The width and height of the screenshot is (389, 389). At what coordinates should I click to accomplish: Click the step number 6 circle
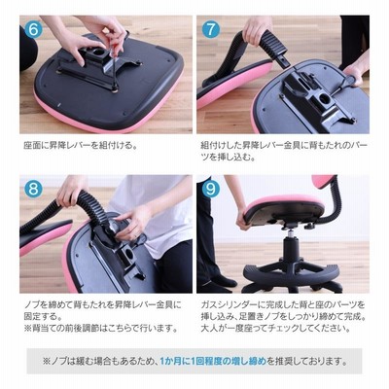(x=33, y=29)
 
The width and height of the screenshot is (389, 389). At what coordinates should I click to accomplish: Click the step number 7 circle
(x=211, y=29)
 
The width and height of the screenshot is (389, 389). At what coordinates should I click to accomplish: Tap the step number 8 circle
(x=33, y=189)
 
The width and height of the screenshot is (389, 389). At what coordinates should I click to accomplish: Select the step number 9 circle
(x=211, y=189)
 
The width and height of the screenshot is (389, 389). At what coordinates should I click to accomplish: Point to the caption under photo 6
(x=80, y=146)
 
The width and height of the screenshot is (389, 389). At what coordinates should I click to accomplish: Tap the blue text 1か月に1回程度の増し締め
(x=213, y=361)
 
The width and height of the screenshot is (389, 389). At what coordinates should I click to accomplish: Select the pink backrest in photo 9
(x=323, y=182)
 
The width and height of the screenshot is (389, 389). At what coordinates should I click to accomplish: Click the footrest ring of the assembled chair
(x=292, y=275)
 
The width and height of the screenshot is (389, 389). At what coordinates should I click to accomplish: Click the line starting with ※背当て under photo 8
(x=101, y=329)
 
